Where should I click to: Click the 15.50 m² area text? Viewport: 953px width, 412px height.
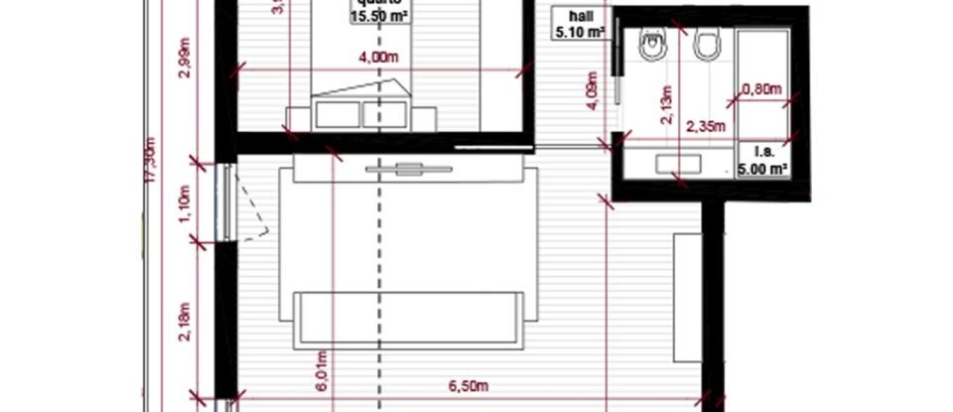click(x=379, y=17)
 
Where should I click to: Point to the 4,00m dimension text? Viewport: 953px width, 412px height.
click(x=378, y=57)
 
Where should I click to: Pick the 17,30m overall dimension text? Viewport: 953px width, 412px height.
click(x=151, y=160)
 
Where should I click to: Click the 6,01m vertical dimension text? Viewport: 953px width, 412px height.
click(x=320, y=372)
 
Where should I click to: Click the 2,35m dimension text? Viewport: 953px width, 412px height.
click(x=706, y=126)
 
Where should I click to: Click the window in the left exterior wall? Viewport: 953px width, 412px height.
click(x=227, y=203)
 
